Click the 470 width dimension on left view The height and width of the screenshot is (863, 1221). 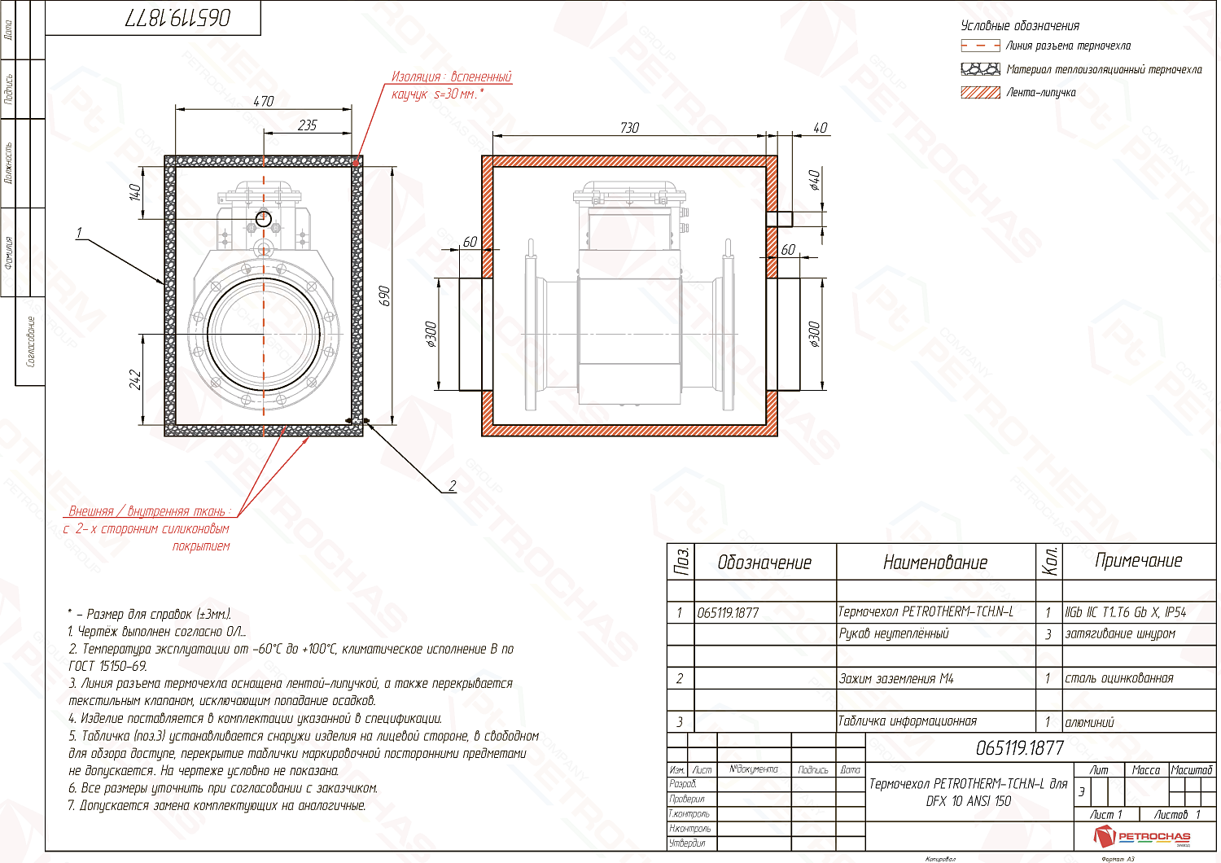click(264, 102)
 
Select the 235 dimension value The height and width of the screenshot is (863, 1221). click(308, 125)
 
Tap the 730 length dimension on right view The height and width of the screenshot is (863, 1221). click(629, 128)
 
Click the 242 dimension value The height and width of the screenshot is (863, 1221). click(135, 379)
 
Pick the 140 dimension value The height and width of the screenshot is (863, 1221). click(135, 192)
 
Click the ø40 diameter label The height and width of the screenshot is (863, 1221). click(815, 180)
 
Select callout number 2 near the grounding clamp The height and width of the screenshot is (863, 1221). click(453, 486)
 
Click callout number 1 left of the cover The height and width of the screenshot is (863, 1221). click(79, 233)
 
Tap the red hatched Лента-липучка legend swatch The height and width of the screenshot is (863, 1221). click(980, 92)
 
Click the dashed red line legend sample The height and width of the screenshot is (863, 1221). click(980, 46)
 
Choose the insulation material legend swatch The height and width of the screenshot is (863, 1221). click(980, 69)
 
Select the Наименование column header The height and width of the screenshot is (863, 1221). click(935, 563)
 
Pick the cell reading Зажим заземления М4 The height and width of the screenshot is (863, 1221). click(896, 678)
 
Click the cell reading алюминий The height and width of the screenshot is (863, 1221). click(1090, 722)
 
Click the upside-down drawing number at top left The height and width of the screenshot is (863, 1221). click(177, 18)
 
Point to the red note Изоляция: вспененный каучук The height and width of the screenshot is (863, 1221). click(451, 85)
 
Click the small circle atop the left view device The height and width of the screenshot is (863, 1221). click(263, 218)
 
